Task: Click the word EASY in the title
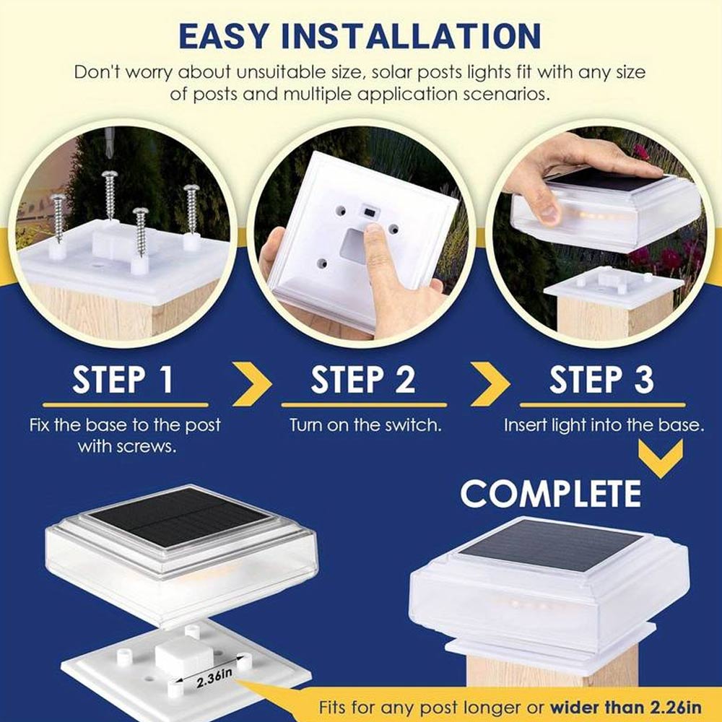(x=224, y=36)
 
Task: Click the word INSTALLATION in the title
(x=412, y=36)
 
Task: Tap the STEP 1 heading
(x=123, y=380)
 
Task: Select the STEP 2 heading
(x=363, y=380)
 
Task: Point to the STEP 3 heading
(x=601, y=380)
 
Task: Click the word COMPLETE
(x=551, y=493)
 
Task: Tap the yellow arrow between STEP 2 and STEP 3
(x=492, y=383)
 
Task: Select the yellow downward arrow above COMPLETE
(x=661, y=458)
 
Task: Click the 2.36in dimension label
(x=214, y=677)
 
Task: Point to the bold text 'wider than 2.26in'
(x=626, y=706)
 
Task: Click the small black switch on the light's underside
(x=369, y=212)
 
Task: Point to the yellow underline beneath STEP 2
(x=364, y=405)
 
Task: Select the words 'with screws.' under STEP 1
(x=127, y=446)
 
